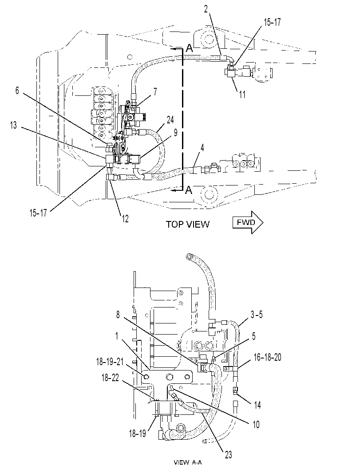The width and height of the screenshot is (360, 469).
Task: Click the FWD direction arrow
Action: coord(248,222)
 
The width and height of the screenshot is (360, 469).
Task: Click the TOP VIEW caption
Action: coord(188,225)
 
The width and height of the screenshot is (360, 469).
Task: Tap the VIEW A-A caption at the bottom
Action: coord(188,463)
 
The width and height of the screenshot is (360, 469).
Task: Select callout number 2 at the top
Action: coord(206,9)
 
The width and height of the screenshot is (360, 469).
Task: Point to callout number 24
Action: coord(170,120)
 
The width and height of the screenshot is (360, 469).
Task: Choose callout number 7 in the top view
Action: coord(155,92)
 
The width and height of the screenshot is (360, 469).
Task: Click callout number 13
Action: coord(13,125)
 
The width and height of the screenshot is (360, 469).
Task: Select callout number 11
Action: coord(242,94)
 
